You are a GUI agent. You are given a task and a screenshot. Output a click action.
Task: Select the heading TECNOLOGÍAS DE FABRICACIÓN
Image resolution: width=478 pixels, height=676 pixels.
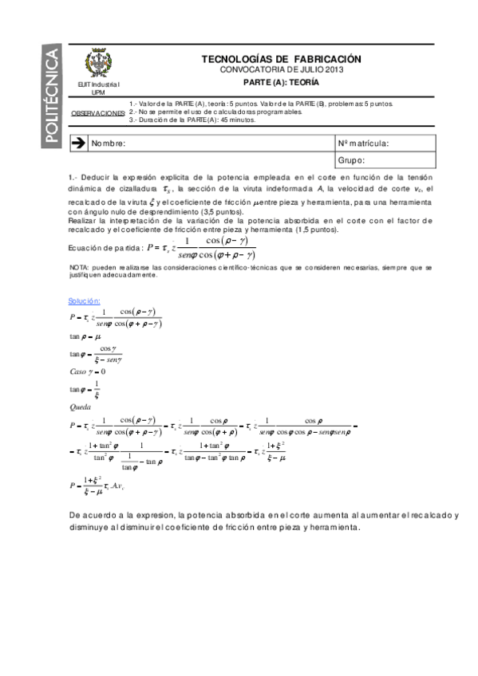281,59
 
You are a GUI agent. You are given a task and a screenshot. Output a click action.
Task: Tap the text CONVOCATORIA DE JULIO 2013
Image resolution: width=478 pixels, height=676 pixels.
281,70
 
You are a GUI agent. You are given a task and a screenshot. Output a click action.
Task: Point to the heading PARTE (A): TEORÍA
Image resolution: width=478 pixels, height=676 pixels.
281,82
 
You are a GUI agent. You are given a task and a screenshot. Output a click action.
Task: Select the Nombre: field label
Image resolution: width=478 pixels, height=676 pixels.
109,143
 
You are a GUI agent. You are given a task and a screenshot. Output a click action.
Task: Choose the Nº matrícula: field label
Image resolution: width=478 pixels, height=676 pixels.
364,143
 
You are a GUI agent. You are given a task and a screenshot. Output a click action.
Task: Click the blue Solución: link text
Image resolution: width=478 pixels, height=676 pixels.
85,301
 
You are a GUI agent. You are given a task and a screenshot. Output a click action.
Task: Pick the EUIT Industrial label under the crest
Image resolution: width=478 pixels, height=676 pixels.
100,84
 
